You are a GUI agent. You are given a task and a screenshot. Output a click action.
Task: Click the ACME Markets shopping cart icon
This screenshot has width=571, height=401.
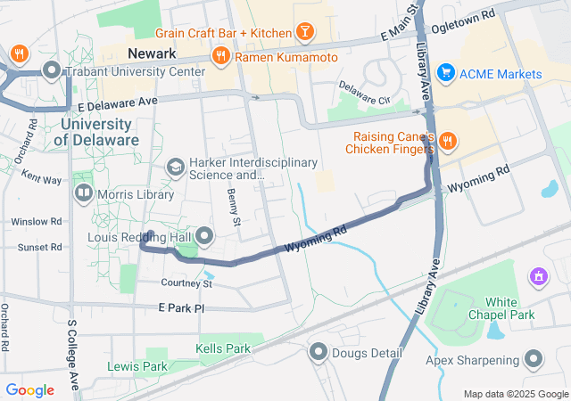[x=446, y=73]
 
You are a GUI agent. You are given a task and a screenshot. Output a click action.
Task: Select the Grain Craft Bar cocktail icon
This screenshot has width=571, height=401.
[x=305, y=33]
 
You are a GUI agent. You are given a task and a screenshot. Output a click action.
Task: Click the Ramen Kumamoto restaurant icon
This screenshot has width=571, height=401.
[x=220, y=57]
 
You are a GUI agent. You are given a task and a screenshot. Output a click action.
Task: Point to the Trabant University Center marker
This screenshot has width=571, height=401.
[x=52, y=70]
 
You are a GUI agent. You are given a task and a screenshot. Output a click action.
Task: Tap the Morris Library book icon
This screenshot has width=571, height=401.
[x=83, y=192]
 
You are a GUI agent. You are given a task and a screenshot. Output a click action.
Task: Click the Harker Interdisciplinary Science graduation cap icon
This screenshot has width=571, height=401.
[x=176, y=167]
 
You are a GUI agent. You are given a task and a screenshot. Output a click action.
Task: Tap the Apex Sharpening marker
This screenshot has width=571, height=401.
[x=534, y=360]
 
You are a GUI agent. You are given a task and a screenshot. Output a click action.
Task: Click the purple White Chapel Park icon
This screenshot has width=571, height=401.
[x=537, y=277]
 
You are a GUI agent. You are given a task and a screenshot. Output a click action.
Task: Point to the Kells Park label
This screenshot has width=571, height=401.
[x=223, y=348]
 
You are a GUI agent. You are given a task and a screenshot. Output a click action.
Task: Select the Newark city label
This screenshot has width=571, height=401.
[x=151, y=53]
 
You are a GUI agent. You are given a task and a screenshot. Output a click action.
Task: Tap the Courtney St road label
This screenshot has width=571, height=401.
[x=186, y=283]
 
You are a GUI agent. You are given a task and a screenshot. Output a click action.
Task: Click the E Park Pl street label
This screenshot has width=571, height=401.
[x=181, y=307]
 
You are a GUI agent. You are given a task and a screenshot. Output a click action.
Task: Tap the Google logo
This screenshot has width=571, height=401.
[x=29, y=390]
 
